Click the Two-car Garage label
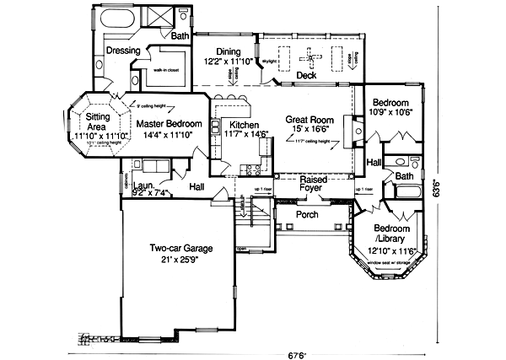click(x=180, y=249)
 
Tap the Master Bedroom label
click(x=171, y=124)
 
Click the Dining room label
click(x=229, y=51)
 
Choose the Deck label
click(x=306, y=76)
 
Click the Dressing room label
click(x=123, y=51)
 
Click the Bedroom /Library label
click(x=392, y=234)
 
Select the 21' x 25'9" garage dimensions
click(x=180, y=260)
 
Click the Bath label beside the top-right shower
click(x=180, y=36)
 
